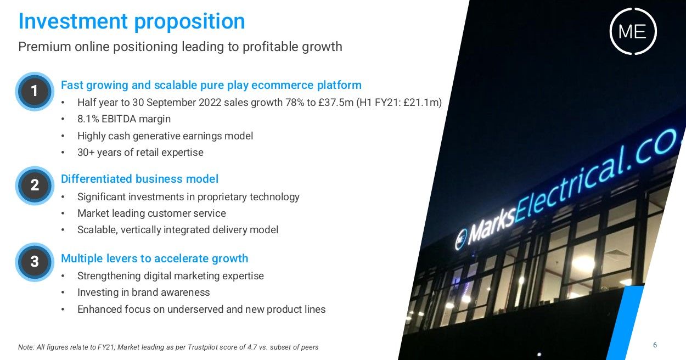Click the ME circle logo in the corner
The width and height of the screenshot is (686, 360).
(x=633, y=31)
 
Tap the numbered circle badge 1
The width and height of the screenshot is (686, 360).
(x=35, y=91)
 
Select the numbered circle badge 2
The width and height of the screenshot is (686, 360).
(x=35, y=185)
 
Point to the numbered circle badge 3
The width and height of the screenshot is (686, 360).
(x=35, y=262)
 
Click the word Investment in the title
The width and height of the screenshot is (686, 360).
(x=73, y=21)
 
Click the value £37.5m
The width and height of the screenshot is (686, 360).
(x=336, y=103)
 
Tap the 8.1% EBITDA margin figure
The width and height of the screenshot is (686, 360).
(x=88, y=119)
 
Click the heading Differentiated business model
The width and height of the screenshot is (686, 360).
(x=139, y=179)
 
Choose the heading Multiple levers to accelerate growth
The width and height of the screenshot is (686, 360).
(x=154, y=258)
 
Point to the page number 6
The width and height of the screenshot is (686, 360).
(x=655, y=345)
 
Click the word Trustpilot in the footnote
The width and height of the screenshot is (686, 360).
(x=202, y=347)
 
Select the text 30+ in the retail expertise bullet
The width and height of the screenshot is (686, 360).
(x=86, y=153)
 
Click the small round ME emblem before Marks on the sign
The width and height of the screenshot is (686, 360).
(x=461, y=239)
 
